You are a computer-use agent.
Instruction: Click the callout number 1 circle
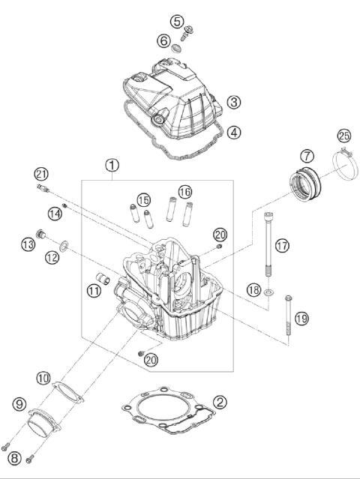[112, 164]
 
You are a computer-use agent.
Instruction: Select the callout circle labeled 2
[219, 402]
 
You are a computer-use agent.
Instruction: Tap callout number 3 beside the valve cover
[234, 101]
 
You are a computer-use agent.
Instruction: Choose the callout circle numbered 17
[280, 245]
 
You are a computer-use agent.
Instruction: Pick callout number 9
[19, 405]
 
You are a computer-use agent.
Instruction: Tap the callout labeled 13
[28, 244]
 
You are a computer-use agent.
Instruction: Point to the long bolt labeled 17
[268, 247]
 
